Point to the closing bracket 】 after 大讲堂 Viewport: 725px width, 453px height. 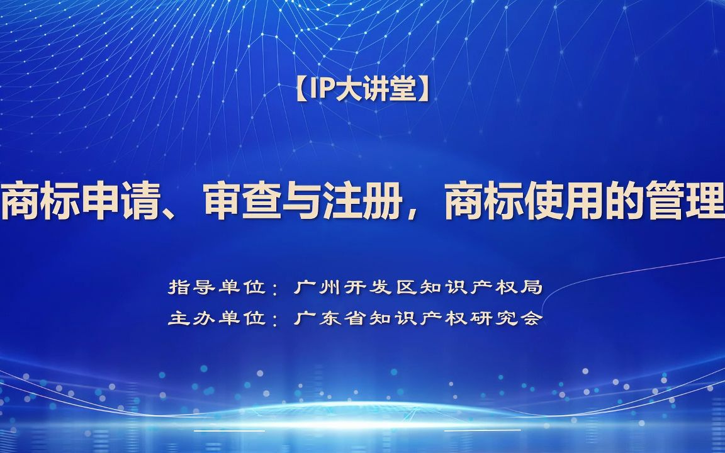click(x=424, y=91)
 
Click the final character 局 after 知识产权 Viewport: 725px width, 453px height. click(x=532, y=288)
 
